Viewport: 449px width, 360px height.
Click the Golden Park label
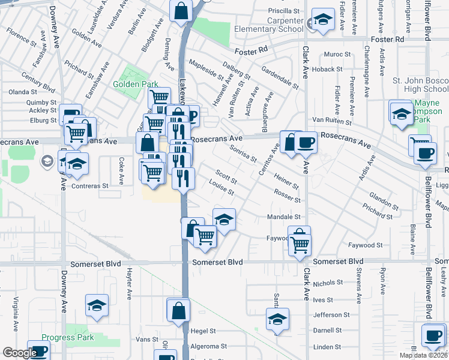pos(135,84)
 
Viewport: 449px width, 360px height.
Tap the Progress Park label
pos(68,337)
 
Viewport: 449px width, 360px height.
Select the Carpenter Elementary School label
pos(277,24)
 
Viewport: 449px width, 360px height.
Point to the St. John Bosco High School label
pos(420,85)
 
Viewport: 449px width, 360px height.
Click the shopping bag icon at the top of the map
pos(181,10)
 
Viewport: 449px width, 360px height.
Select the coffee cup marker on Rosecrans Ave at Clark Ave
pos(306,142)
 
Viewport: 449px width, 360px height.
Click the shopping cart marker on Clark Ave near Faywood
pos(299,244)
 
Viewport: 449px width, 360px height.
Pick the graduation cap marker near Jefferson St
pos(277,319)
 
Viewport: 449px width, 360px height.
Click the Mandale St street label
pos(283,217)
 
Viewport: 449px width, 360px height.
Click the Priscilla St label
pos(283,11)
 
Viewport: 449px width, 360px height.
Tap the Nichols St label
pos(328,282)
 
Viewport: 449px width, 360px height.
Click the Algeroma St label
pos(208,346)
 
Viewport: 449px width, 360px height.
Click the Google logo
pos(20,353)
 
